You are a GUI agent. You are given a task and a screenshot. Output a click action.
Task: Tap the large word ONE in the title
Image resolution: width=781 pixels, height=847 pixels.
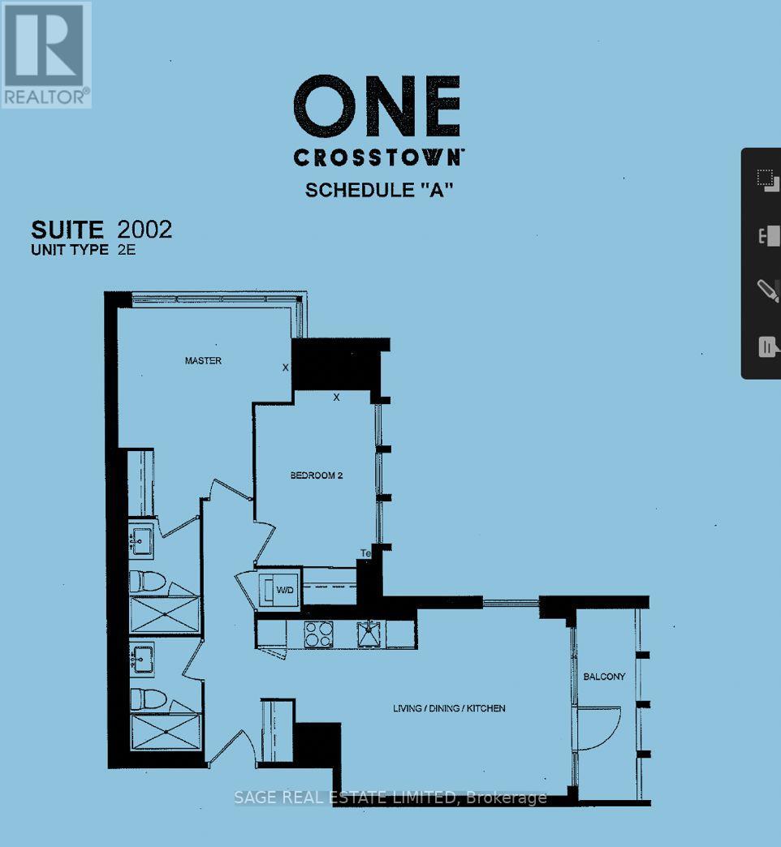tap(377, 106)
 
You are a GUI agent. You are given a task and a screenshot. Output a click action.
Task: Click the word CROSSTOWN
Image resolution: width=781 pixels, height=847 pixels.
tap(378, 157)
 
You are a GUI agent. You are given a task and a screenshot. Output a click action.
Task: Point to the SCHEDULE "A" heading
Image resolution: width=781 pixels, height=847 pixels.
tap(378, 190)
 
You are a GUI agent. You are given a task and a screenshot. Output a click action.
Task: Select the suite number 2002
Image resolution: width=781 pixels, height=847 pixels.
tap(145, 230)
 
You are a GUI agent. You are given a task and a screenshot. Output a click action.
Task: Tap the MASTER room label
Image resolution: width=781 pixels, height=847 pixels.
tap(203, 361)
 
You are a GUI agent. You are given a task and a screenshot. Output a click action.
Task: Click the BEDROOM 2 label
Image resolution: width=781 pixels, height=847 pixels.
tap(317, 475)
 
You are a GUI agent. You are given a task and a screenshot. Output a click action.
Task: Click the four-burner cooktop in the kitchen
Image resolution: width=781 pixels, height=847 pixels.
tap(317, 633)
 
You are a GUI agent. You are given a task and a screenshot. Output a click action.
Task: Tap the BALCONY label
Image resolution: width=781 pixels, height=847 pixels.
tap(604, 677)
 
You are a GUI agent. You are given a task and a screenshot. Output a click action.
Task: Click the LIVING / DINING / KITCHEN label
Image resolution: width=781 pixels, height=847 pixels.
tap(449, 708)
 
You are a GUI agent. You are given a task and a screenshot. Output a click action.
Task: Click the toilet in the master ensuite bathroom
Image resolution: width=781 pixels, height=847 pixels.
tap(148, 581)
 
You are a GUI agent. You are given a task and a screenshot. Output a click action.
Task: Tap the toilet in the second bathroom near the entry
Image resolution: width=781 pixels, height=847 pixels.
tap(148, 699)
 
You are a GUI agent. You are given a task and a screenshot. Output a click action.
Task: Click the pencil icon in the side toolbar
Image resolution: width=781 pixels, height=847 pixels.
tap(766, 290)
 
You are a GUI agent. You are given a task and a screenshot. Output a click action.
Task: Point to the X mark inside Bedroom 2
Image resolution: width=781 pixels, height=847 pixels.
tap(336, 398)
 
